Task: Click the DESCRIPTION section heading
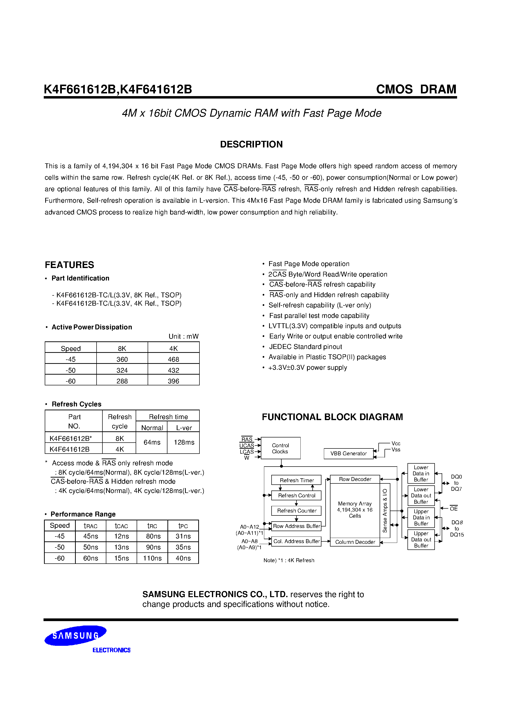pos(251,145)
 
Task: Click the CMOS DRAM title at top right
pos(416,89)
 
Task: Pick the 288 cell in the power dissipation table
pos(122,381)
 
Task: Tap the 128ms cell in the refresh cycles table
pos(184,442)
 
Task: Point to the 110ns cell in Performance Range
pos(152,558)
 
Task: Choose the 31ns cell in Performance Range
pos(183,536)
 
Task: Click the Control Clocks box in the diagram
pos(281,448)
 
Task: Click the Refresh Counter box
pos(296,511)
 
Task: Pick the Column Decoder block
pos(355,542)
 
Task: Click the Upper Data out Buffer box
pos(421,540)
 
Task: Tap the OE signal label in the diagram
pos(454,509)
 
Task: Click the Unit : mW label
pos(183,336)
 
